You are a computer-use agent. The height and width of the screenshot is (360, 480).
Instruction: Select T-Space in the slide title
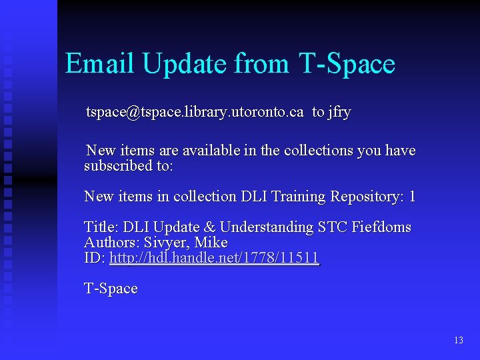click(347, 64)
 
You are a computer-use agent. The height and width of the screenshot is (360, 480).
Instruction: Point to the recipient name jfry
click(339, 112)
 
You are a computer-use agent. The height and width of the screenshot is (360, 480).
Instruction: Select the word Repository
click(367, 197)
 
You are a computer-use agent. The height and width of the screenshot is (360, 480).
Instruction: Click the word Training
click(297, 197)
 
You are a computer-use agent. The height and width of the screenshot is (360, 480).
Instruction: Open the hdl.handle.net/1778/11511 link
click(214, 258)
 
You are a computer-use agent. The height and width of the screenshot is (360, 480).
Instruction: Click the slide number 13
click(458, 341)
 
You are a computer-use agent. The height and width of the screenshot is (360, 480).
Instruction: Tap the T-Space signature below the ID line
click(111, 289)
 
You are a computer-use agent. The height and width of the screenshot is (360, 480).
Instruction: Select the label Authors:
click(112, 243)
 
